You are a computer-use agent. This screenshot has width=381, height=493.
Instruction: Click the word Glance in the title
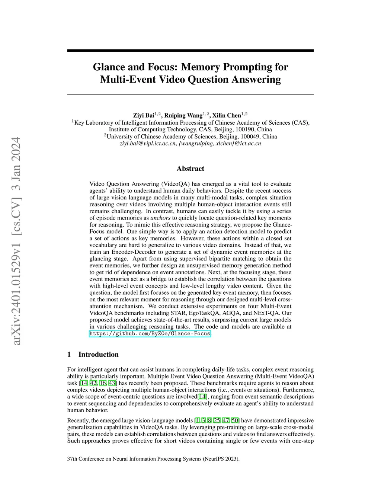108,67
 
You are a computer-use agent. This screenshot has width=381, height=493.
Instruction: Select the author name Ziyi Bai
144,115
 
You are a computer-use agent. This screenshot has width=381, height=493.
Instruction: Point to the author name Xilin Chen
226,115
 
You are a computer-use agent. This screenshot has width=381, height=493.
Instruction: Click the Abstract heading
190,169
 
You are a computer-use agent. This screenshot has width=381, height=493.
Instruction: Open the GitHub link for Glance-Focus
150,334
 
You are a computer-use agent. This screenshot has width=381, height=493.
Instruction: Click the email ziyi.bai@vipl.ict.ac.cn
147,143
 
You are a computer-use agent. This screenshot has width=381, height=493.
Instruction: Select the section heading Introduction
98,354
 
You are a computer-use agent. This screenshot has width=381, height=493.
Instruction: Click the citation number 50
235,420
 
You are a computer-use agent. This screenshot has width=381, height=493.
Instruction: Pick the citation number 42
93,383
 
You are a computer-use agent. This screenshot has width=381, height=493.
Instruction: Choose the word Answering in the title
257,80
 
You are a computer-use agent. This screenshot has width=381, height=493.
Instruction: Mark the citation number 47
226,420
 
